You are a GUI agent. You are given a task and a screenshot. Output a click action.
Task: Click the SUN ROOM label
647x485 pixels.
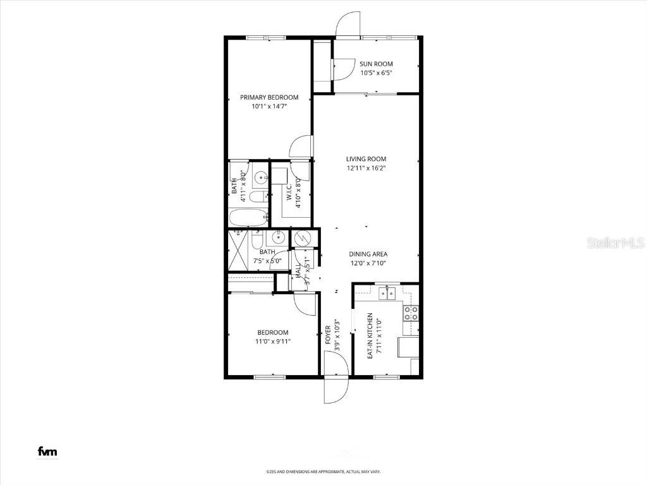376,64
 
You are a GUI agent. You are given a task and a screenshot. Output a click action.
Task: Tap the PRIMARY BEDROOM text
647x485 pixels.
269,97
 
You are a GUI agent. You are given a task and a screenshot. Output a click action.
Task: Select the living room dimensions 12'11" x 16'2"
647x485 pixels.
366,168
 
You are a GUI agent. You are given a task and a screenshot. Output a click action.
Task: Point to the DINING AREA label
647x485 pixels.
368,254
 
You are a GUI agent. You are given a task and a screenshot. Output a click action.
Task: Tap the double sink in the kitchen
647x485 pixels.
387,293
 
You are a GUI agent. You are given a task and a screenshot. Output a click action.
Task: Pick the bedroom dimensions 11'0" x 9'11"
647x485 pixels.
272,341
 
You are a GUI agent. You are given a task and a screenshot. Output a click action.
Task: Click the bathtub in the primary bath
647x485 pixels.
248,218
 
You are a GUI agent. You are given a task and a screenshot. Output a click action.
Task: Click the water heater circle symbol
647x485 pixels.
301,239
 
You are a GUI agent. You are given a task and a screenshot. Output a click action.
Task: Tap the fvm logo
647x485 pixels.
48,451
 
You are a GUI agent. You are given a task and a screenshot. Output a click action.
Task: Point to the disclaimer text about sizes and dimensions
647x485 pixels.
323,472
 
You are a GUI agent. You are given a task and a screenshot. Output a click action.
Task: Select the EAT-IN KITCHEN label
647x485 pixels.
371,336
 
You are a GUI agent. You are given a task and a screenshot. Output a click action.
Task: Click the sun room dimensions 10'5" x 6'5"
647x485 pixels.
377,73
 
